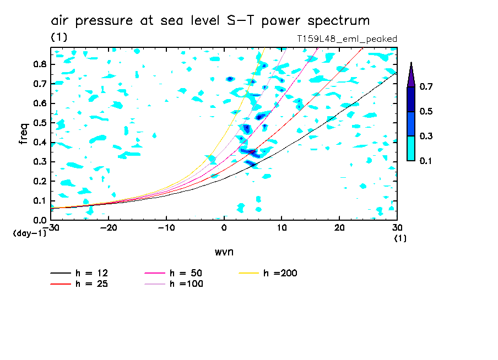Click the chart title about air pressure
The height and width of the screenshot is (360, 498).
pos(210,21)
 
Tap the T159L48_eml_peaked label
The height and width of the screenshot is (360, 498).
pos(347,39)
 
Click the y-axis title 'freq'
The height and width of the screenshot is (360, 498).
pos(24,134)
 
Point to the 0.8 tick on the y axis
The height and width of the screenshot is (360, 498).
pos(39,64)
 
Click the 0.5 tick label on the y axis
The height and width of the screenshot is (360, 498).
pos(39,123)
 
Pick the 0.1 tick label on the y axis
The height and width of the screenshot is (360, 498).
pos(39,201)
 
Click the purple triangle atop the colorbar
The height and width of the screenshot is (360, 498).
pos(411,74)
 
